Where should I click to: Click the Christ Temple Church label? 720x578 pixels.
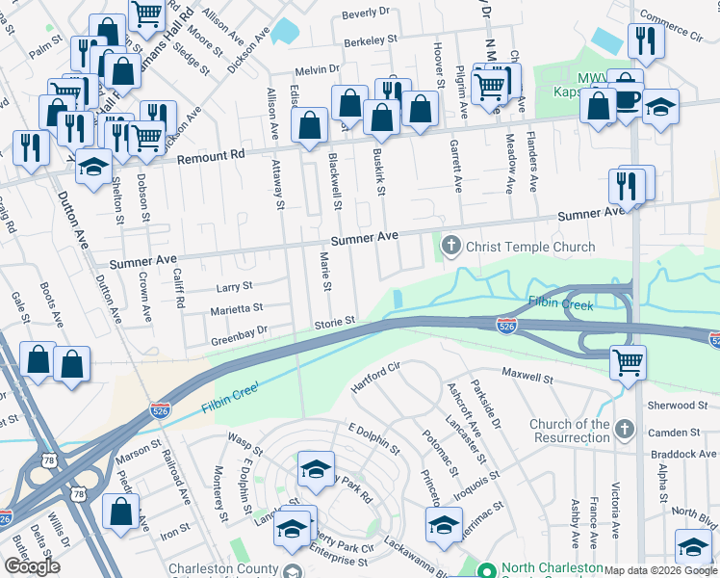point(529,247)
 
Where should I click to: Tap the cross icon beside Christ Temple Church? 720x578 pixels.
point(450,247)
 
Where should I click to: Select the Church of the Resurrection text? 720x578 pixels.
point(569,431)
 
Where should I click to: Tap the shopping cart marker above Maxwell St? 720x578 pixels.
point(628,363)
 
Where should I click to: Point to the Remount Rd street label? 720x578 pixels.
point(211,155)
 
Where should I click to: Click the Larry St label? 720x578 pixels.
point(234,287)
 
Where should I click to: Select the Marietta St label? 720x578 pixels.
point(237,309)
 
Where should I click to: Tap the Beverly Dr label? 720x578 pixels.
point(367,14)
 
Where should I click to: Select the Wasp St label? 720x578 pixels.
point(239,437)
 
